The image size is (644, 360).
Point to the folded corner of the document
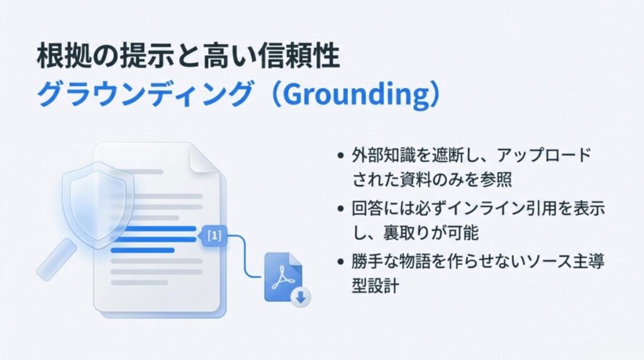click(205, 157)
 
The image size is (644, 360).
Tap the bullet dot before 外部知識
click(340, 155)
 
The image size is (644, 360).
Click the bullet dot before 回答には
click(340, 208)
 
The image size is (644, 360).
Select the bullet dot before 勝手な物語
click(340, 261)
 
